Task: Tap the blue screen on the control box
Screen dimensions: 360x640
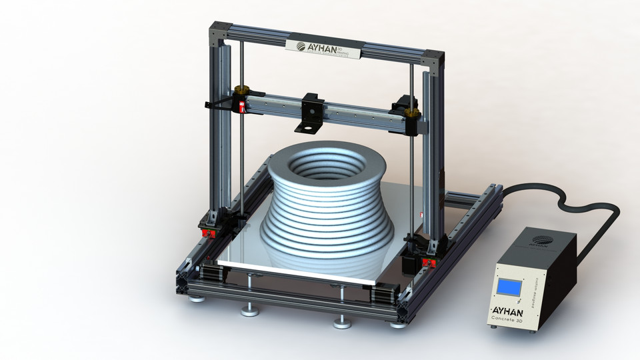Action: click(509, 287)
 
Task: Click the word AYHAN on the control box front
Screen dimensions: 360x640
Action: click(511, 310)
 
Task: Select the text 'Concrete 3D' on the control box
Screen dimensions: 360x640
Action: click(511, 319)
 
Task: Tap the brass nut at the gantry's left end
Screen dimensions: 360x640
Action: click(241, 90)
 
